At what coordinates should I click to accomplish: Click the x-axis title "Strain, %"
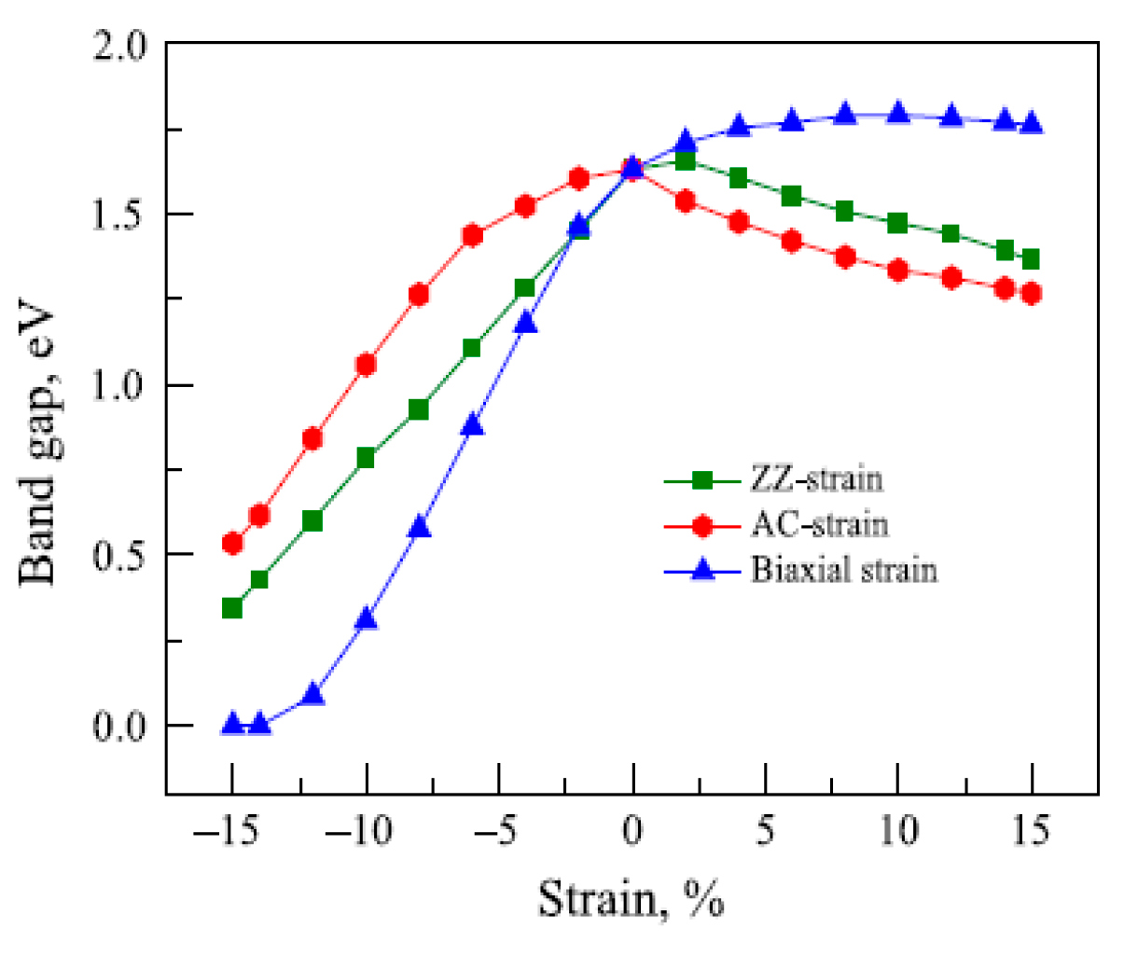point(631,900)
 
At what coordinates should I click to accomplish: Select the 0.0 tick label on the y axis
point(120,726)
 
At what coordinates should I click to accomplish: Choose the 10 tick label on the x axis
point(898,829)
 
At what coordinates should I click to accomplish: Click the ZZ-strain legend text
point(816,479)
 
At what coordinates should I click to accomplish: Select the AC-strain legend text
point(819,525)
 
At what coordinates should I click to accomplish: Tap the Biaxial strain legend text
point(843,570)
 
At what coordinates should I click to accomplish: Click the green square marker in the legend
point(702,480)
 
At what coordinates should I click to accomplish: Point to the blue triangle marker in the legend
point(702,570)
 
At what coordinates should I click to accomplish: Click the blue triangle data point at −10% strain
point(367,618)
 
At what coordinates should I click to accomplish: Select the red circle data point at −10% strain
point(366,365)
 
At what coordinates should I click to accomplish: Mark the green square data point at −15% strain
point(232,608)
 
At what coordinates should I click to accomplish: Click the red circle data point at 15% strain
point(1032,294)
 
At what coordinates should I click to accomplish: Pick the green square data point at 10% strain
point(898,223)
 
